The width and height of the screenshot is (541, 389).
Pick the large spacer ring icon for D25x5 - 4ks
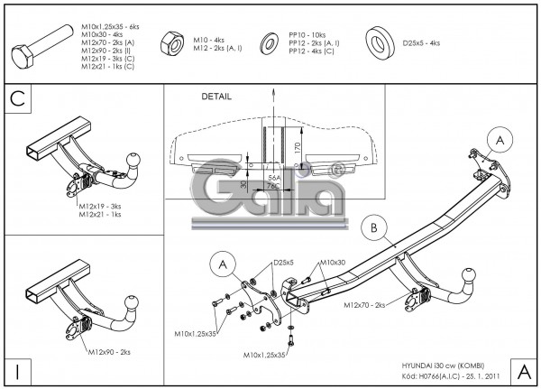381,42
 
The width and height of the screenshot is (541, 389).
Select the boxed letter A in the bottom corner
522,369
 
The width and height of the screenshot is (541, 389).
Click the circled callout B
373,228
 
